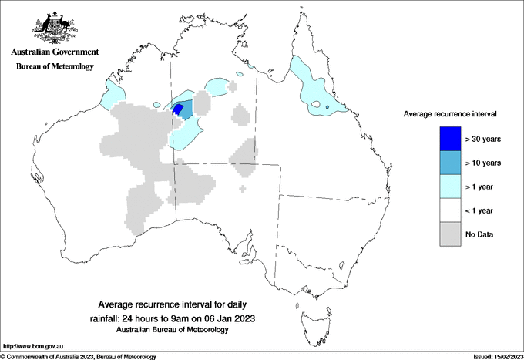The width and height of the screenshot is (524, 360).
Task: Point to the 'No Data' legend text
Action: (x=479, y=234)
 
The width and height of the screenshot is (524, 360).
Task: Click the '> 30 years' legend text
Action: (x=482, y=139)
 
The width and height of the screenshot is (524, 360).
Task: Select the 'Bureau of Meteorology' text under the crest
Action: (x=55, y=67)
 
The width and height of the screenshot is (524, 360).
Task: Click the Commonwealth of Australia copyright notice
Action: (x=79, y=356)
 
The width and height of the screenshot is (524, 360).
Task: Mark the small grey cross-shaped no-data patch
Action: (x=244, y=188)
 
